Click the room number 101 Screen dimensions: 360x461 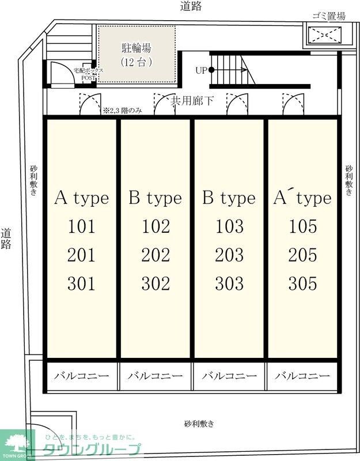click(x=82, y=226)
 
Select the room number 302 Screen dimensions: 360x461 click(x=156, y=284)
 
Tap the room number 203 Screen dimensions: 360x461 click(x=229, y=255)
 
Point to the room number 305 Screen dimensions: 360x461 click(x=303, y=284)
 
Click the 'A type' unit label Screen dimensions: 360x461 click(x=82, y=198)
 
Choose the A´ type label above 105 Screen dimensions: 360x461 click(x=302, y=198)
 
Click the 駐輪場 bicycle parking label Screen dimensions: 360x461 click(x=137, y=48)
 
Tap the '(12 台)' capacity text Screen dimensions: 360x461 click(x=137, y=62)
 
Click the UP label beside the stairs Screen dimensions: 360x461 click(x=201, y=70)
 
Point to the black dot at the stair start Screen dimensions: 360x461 click(x=211, y=70)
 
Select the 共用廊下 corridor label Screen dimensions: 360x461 click(x=192, y=101)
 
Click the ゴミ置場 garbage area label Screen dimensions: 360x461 click(x=328, y=16)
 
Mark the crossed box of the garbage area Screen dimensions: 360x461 click(x=325, y=35)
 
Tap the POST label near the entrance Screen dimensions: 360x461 click(x=88, y=78)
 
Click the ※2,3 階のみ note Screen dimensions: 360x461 click(x=123, y=111)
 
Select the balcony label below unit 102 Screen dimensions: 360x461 click(x=155, y=376)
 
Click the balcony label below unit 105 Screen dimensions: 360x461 click(x=302, y=376)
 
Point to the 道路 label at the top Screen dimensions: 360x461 click(x=191, y=6)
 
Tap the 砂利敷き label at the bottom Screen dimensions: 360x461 click(x=199, y=424)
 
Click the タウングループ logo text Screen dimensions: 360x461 click(x=92, y=450)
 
